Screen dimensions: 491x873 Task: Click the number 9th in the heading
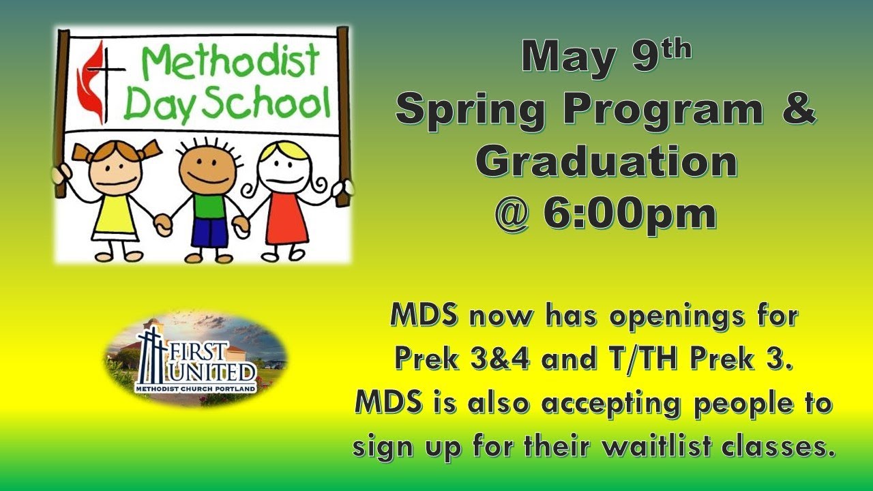pos(659,55)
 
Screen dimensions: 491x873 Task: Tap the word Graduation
pos(606,162)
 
